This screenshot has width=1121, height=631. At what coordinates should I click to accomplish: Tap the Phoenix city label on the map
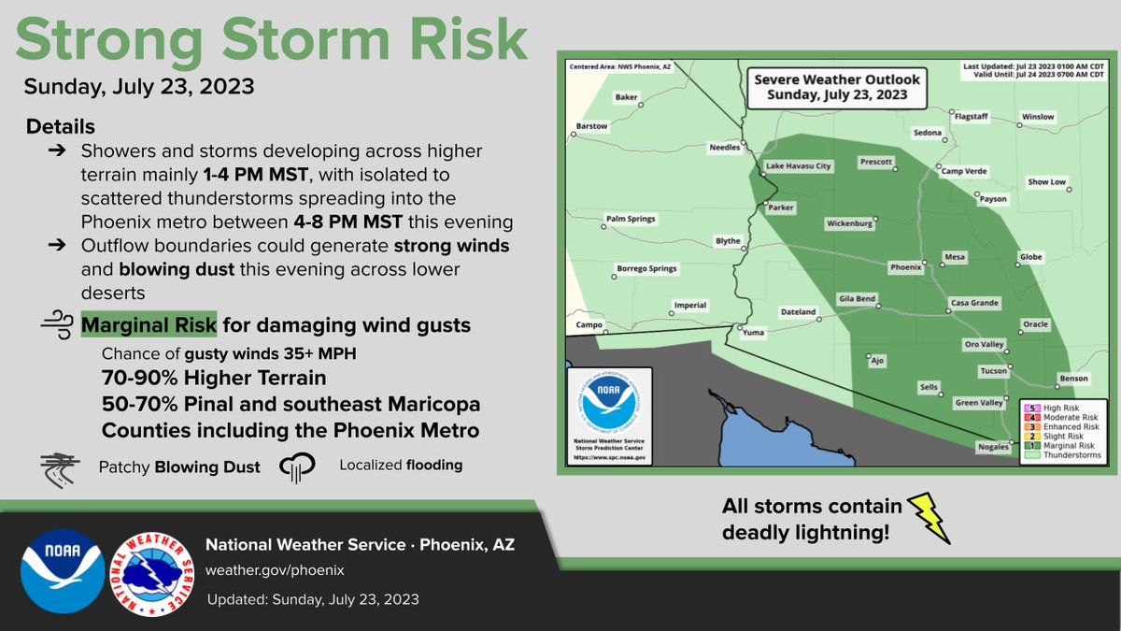click(905, 267)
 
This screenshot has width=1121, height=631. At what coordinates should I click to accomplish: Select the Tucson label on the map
click(993, 371)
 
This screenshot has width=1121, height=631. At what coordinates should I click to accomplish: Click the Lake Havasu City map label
click(798, 166)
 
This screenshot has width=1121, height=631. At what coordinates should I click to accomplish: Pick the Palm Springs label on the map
click(631, 220)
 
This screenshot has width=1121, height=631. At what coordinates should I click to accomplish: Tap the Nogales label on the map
click(993, 448)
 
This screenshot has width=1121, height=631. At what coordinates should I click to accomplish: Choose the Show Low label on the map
click(1046, 182)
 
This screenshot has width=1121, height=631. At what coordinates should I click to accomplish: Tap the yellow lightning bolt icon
click(929, 518)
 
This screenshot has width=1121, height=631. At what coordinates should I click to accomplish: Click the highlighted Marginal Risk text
click(149, 325)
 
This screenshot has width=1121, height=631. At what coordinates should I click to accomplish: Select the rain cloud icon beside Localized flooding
click(294, 466)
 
